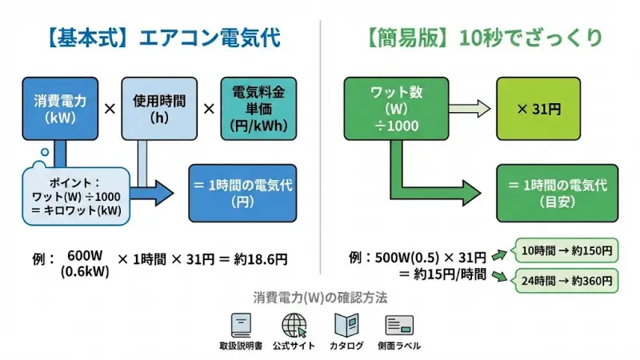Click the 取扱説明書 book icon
(240, 326)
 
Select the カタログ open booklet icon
(346, 326)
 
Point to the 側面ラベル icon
(398, 326)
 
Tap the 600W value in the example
(86, 256)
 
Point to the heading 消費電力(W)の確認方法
(319, 298)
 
